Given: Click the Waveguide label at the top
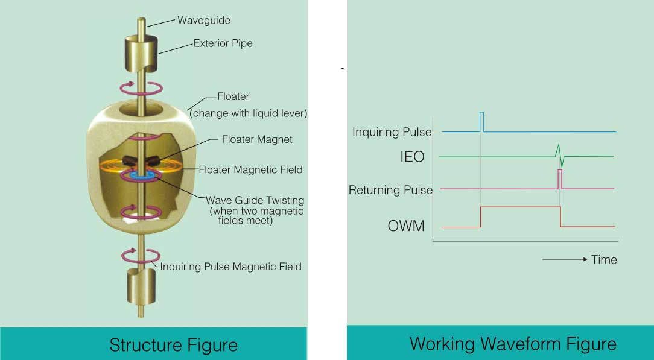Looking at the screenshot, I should point(204,20).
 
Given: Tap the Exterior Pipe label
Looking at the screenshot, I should point(223,43).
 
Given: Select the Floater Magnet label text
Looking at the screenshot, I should point(257,139).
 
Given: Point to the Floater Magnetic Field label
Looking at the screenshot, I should point(250,170).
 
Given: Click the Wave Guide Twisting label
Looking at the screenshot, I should point(255,200).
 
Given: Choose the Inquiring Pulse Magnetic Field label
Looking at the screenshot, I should point(230,267).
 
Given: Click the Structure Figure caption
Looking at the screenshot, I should point(173,345).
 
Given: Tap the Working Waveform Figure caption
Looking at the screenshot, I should point(513,344).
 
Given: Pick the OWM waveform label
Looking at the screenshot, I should point(406,227).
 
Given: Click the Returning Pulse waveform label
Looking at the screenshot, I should point(390,190).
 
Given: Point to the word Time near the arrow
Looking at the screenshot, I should point(604,260).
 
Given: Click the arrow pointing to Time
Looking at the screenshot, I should point(565,259).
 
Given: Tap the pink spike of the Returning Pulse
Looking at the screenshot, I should point(560,179).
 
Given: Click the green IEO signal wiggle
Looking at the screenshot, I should point(559,155).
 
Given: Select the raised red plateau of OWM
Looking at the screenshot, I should point(520,207).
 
